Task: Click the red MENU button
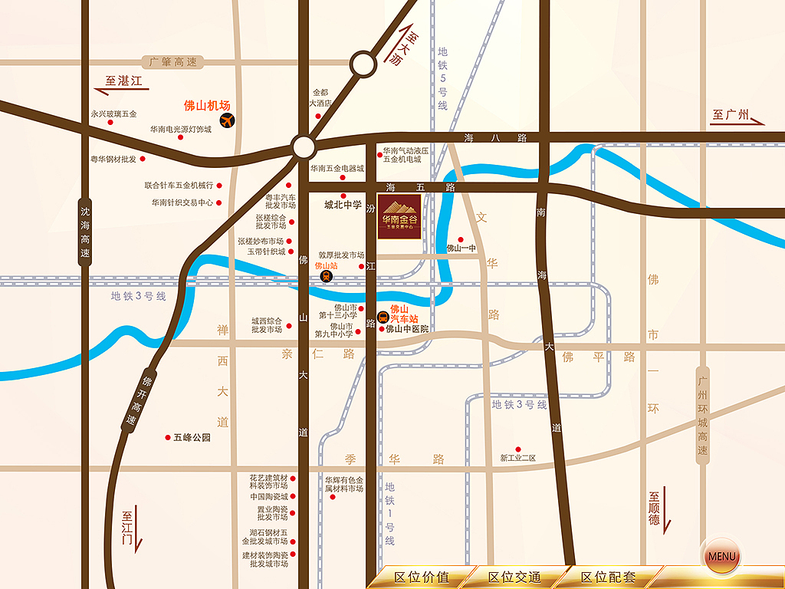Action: [x=721, y=556]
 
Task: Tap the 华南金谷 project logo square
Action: [x=399, y=217]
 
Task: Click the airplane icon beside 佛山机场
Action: [x=227, y=120]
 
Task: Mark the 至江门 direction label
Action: [x=127, y=528]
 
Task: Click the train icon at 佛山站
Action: [x=325, y=276]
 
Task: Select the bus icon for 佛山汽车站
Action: [x=383, y=316]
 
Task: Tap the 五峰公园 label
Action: [x=191, y=438]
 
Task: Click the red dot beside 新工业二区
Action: [x=518, y=449]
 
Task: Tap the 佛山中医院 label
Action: [x=406, y=329]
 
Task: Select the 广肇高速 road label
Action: [x=173, y=61]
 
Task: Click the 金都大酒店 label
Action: [x=320, y=97]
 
